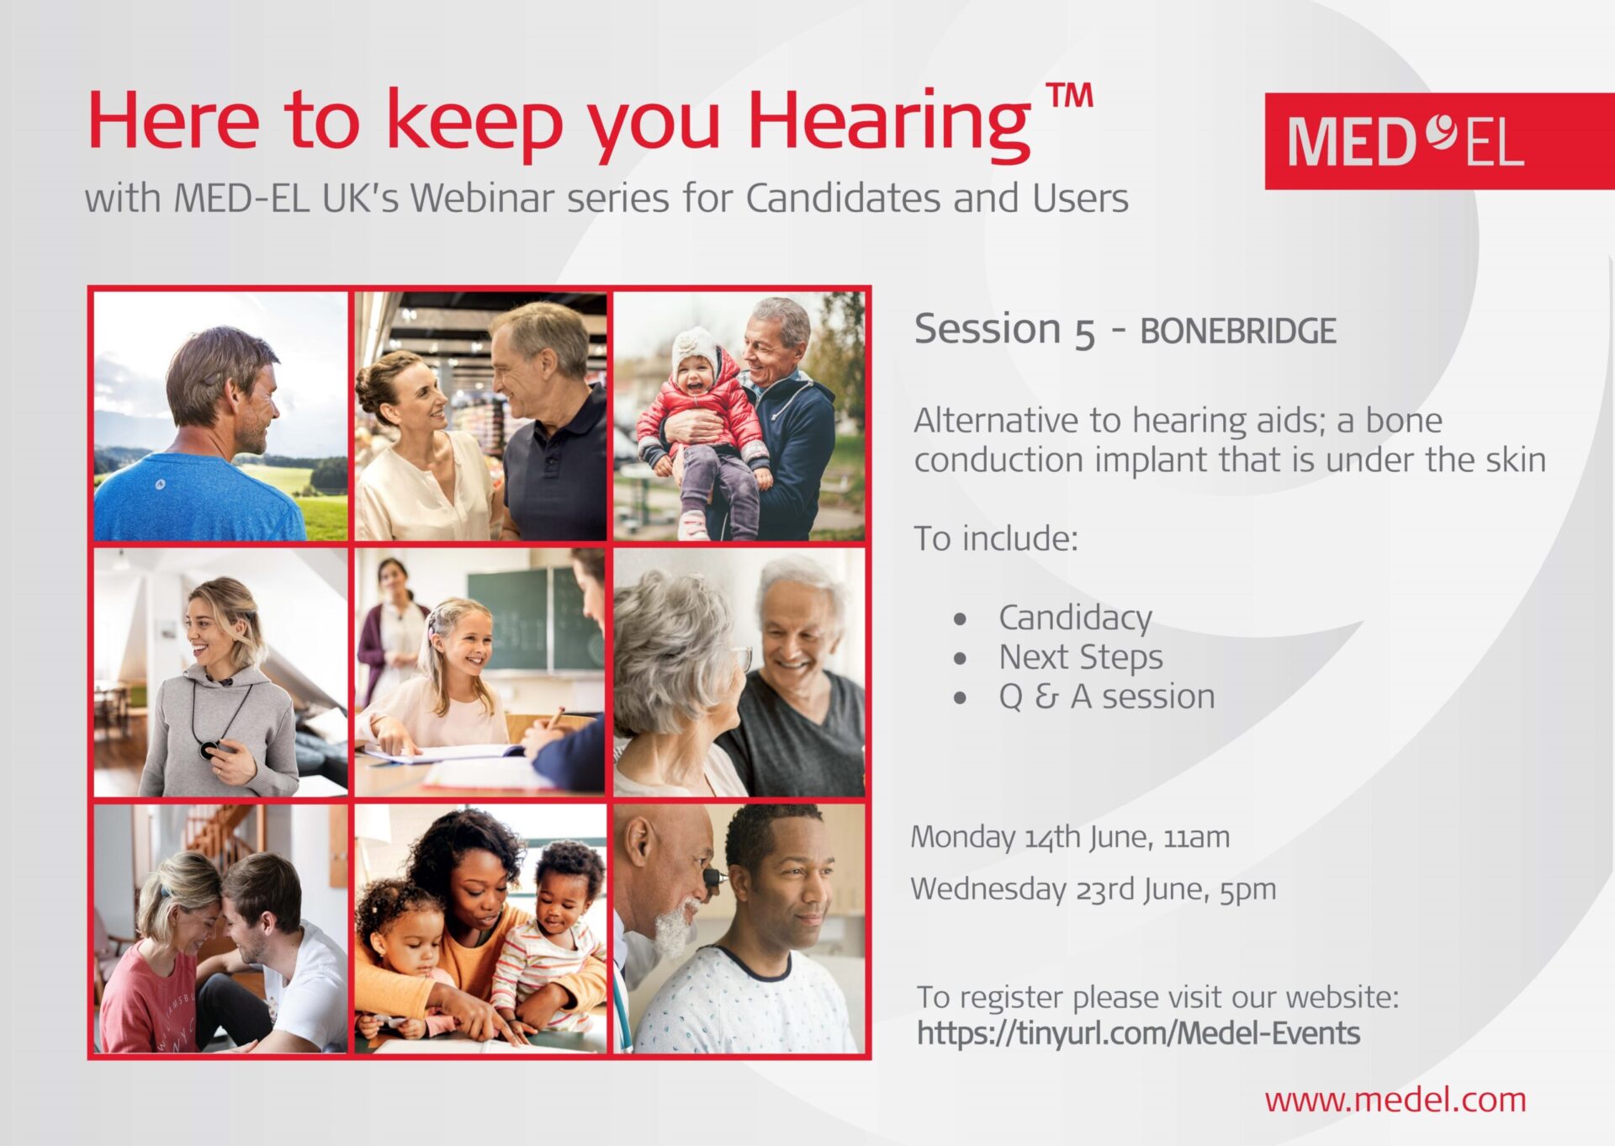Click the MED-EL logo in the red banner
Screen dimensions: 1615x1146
pyautogui.click(x=1406, y=141)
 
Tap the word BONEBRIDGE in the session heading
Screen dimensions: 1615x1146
pyautogui.click(x=1237, y=332)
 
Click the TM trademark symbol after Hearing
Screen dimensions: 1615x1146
pyautogui.click(x=1069, y=97)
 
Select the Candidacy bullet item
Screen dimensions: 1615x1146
pyautogui.click(x=1075, y=619)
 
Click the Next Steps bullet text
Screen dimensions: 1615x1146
pyautogui.click(x=1081, y=658)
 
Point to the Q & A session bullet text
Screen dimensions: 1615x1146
pyautogui.click(x=1107, y=697)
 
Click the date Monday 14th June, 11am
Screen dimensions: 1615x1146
pyautogui.click(x=1070, y=837)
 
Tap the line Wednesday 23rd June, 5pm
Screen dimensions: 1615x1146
pyautogui.click(x=1093, y=889)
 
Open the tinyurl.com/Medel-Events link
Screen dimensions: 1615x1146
pyautogui.click(x=1138, y=1033)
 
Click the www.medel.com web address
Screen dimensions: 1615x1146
pyautogui.click(x=1395, y=1100)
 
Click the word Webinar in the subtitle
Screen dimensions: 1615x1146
pyautogui.click(x=483, y=199)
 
